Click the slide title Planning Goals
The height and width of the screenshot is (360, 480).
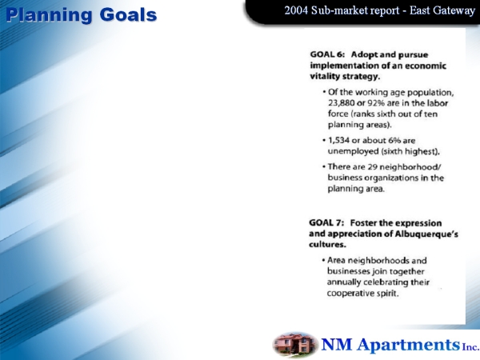pyautogui.click(x=81, y=15)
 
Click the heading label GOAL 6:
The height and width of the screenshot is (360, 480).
pyautogui.click(x=327, y=54)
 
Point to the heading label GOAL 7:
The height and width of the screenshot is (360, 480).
pyautogui.click(x=326, y=223)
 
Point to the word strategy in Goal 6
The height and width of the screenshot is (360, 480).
pyautogui.click(x=362, y=77)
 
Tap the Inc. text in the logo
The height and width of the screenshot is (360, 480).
pyautogui.click(x=471, y=347)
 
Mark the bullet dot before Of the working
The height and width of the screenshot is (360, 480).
pyautogui.click(x=324, y=92)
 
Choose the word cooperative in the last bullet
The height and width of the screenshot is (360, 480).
pyautogui.click(x=348, y=294)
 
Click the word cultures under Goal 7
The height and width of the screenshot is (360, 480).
pyautogui.click(x=327, y=245)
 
